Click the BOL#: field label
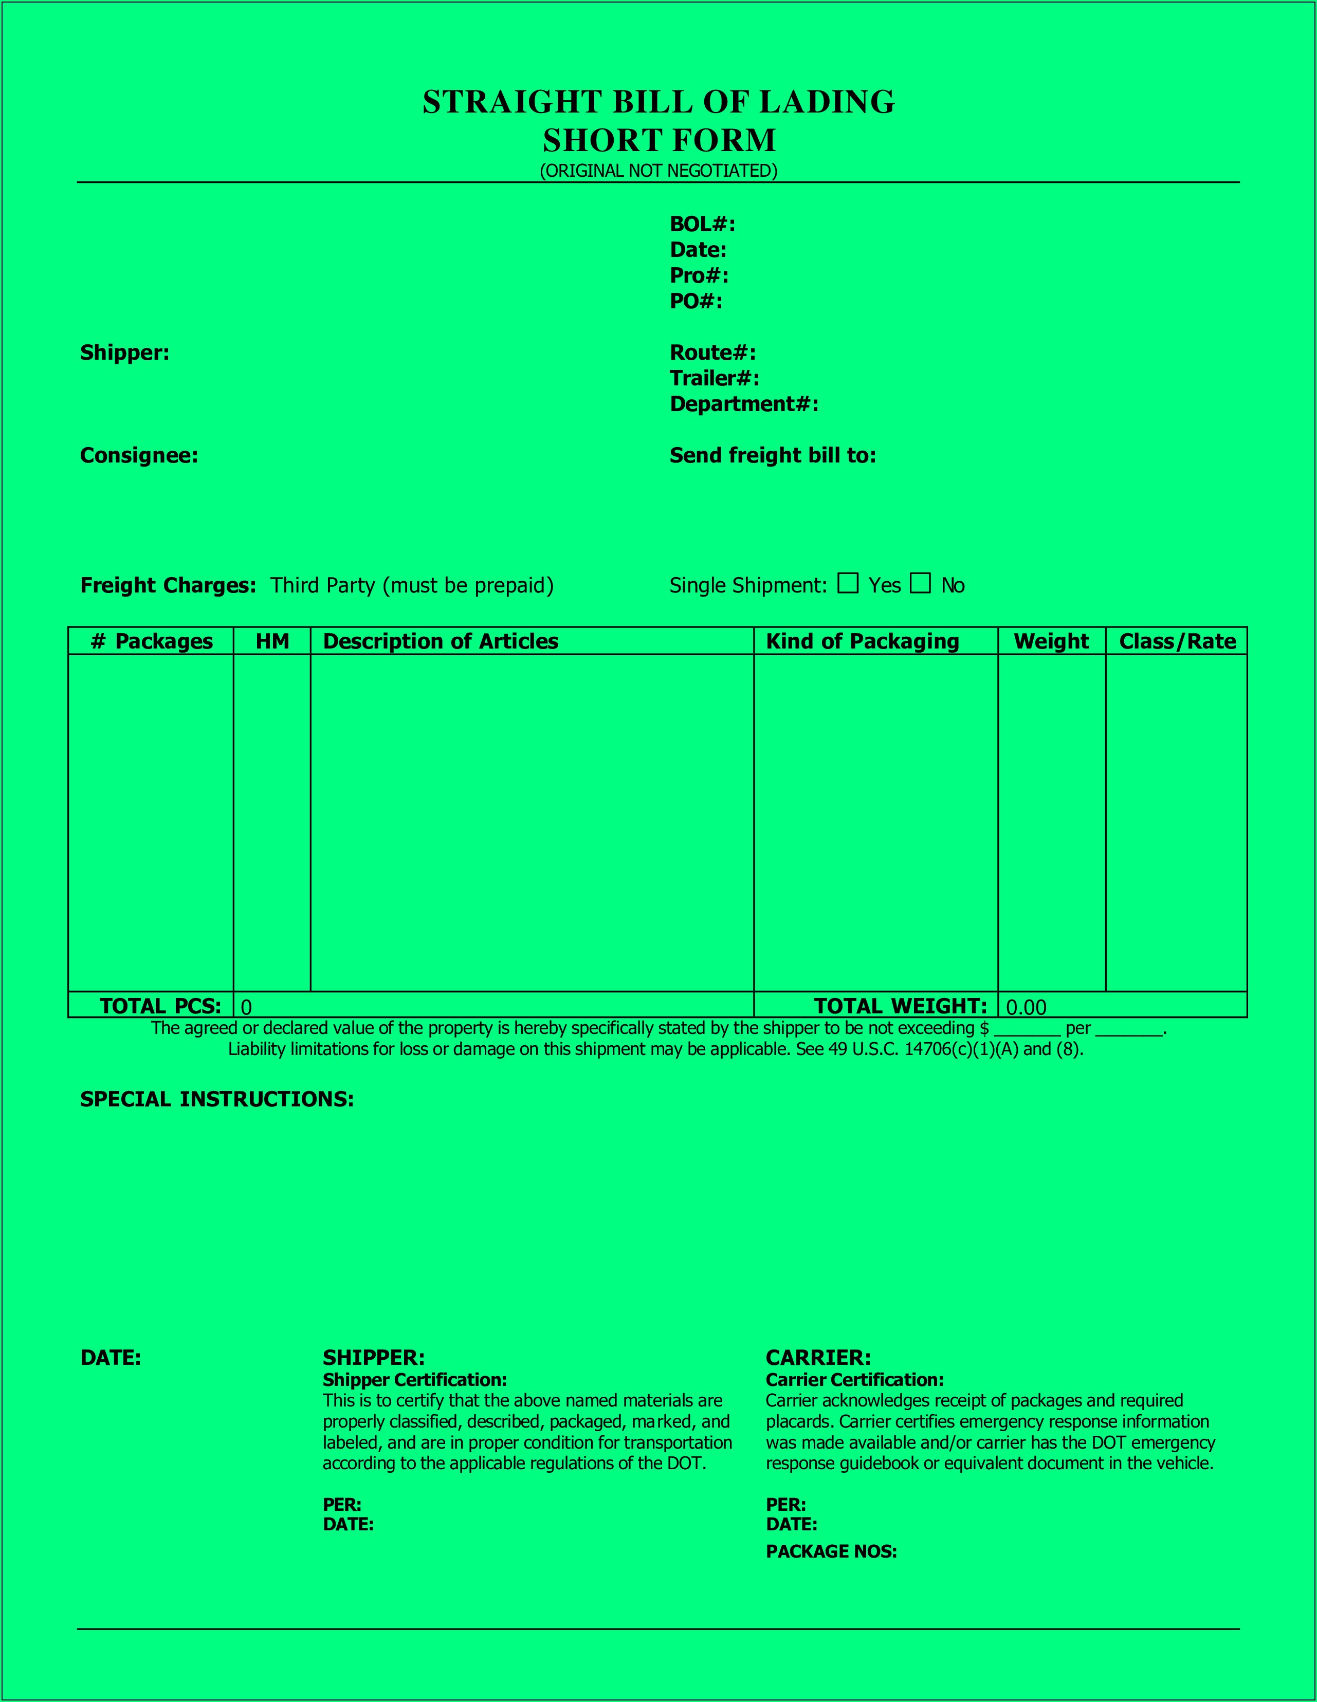click(x=702, y=225)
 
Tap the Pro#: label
click(x=699, y=276)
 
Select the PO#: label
click(x=696, y=302)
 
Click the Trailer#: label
click(x=714, y=379)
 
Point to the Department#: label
click(x=744, y=404)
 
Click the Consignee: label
click(x=139, y=456)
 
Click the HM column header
click(x=272, y=641)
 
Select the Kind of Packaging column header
click(x=863, y=641)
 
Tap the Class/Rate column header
click(x=1177, y=641)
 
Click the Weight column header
click(x=1051, y=641)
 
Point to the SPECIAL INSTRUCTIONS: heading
click(x=217, y=1100)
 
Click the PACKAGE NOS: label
click(x=831, y=1551)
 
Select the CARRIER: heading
click(x=818, y=1358)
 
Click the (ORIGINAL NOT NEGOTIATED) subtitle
click(x=658, y=171)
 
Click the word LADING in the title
click(x=827, y=102)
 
